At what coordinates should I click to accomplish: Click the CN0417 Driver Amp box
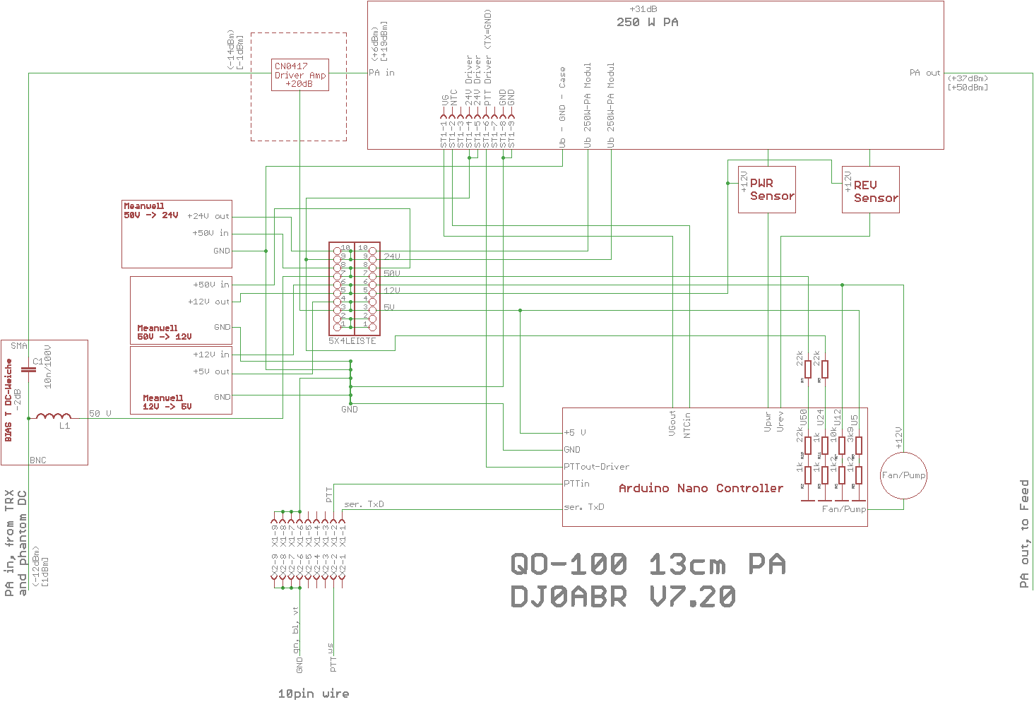300,75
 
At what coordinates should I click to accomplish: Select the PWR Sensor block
766,189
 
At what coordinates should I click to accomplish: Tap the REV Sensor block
870,191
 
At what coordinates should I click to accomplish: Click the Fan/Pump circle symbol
903,475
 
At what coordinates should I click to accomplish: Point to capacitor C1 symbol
28,369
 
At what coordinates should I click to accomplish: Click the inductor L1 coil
54,417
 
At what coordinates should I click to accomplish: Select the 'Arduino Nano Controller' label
701,488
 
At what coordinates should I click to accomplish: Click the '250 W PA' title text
647,22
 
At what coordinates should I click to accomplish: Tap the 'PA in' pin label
381,73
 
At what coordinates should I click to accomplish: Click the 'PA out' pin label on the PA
925,73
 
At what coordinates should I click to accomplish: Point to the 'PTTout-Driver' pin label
596,467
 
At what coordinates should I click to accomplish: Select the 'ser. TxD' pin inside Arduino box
584,507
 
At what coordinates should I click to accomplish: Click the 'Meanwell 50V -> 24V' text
151,210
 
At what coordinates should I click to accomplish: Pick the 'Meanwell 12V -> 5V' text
167,403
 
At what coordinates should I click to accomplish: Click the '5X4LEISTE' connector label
352,341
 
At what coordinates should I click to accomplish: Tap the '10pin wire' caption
313,694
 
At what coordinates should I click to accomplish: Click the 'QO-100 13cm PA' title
648,564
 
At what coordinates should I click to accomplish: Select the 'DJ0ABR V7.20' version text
623,597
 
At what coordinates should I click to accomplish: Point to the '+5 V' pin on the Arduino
575,432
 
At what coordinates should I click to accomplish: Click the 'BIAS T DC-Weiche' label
8,400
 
